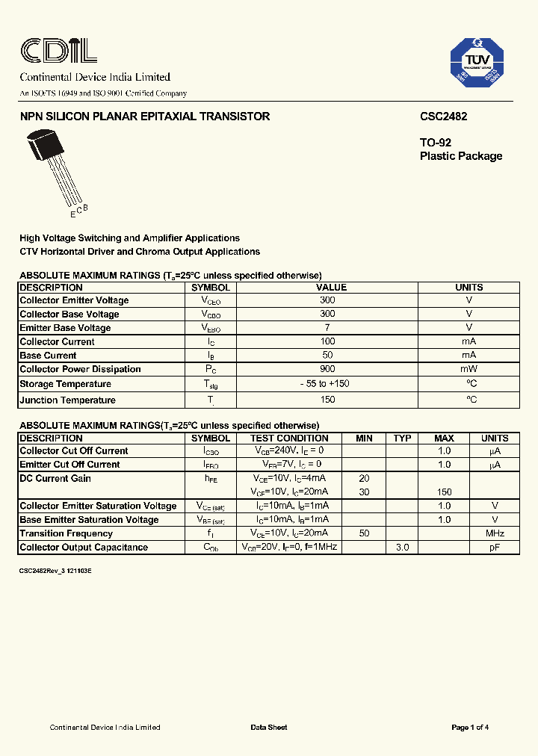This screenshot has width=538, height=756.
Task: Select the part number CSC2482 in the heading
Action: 443,117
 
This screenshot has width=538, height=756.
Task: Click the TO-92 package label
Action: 435,142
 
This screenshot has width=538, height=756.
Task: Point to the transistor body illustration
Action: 43,144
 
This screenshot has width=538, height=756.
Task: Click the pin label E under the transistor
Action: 72,215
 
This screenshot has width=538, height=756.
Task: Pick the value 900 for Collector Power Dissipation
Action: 327,369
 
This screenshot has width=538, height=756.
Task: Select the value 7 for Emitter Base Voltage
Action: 327,328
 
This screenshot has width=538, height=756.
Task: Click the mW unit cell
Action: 469,369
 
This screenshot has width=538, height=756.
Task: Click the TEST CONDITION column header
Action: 289,439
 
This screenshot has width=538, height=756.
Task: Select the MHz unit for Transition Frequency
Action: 494,533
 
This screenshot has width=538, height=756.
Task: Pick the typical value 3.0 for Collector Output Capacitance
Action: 402,548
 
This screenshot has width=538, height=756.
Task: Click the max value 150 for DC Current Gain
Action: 444,492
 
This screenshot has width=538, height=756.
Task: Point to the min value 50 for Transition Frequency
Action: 364,533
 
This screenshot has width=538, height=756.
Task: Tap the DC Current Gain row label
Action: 55,478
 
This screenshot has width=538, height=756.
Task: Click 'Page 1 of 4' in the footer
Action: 470,728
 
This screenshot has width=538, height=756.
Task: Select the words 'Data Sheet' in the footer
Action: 269,728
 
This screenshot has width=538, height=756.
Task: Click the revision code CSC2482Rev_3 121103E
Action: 55,570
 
